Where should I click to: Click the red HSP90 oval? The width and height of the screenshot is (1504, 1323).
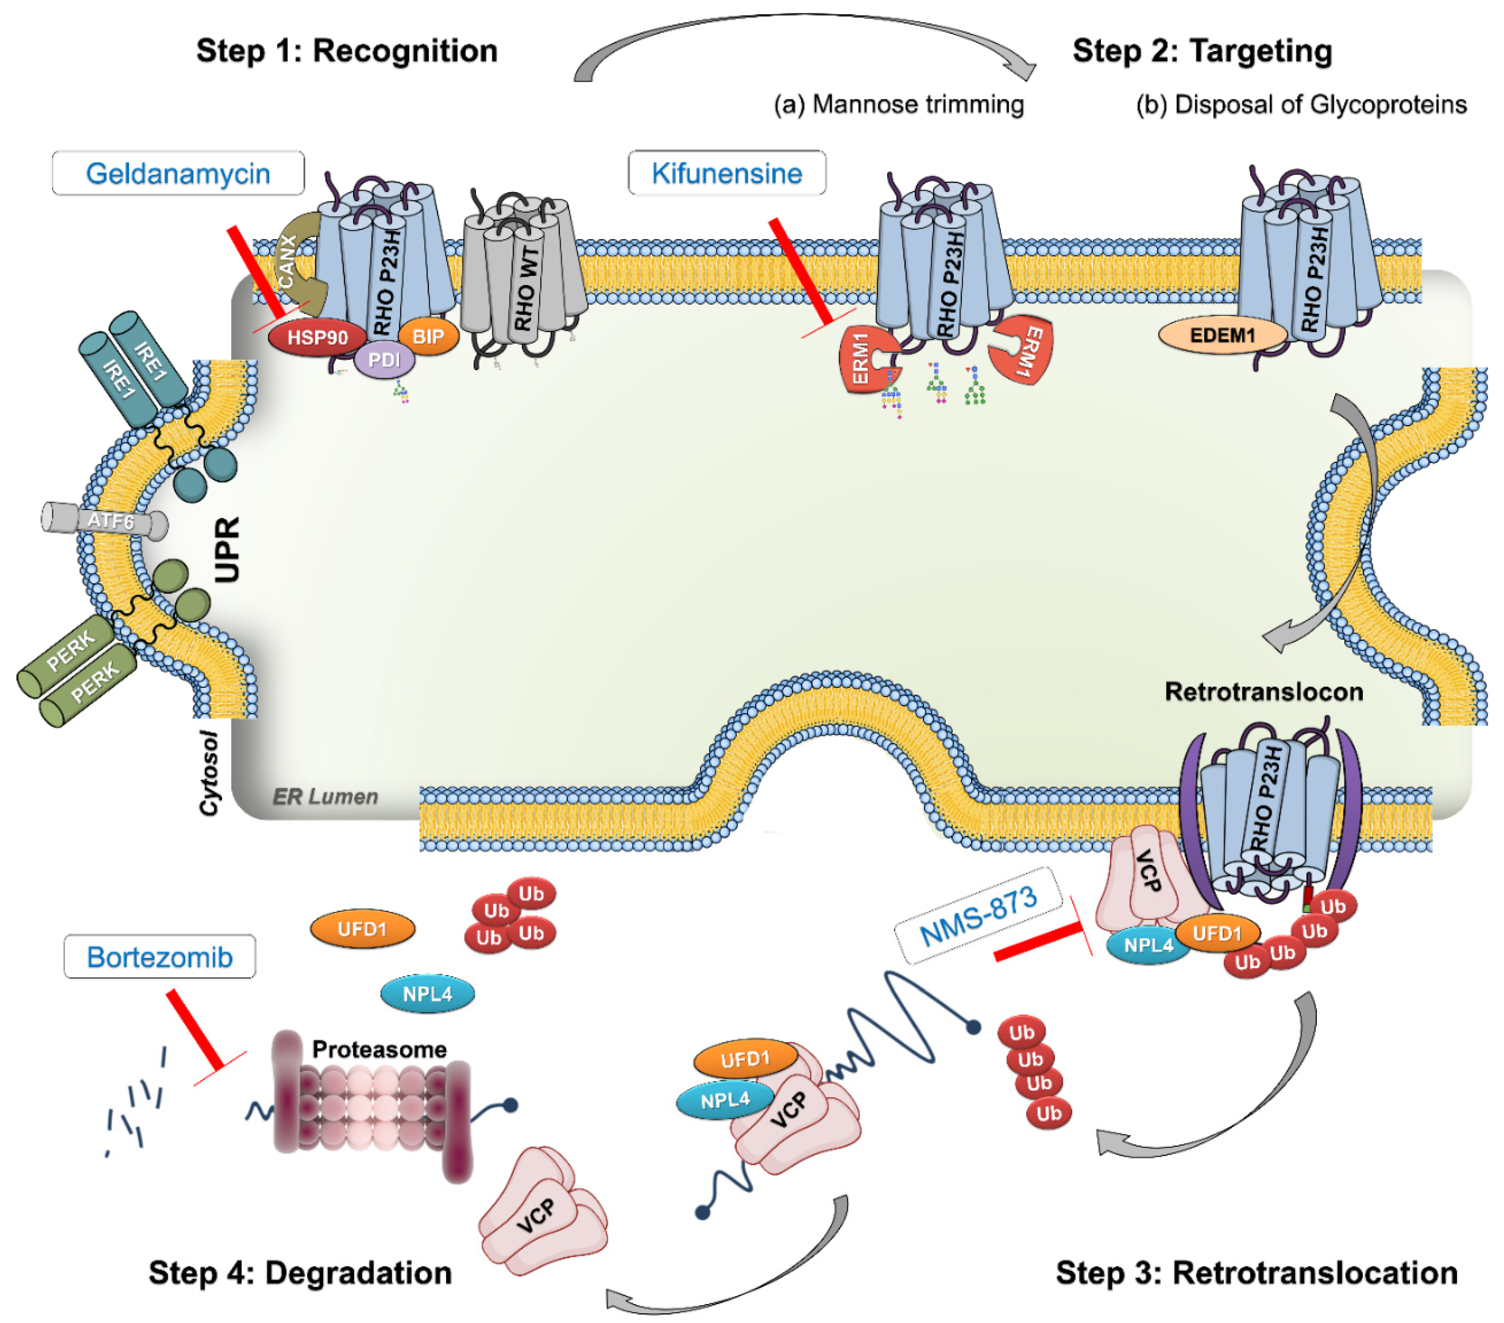tap(317, 338)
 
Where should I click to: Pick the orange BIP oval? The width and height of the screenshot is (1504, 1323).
tap(428, 337)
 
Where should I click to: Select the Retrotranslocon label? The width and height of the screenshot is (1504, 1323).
tap(1263, 692)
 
